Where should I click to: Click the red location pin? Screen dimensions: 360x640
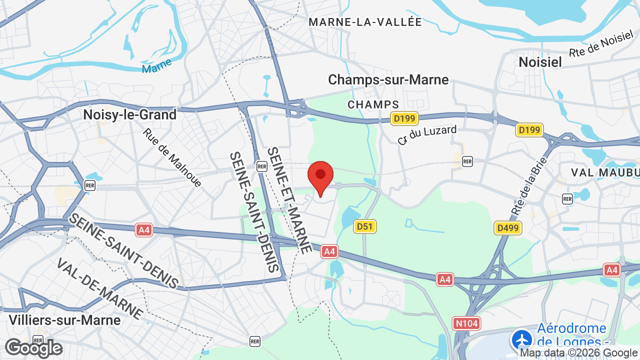(320, 175)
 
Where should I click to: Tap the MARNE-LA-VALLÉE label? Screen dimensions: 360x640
(365, 22)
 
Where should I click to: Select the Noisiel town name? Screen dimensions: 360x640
(540, 62)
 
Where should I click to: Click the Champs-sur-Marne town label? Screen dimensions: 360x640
(388, 79)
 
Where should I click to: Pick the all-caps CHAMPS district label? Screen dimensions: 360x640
(373, 104)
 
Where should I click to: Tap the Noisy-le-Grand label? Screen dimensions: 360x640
(130, 114)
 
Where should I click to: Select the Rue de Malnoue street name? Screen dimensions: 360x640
(172, 158)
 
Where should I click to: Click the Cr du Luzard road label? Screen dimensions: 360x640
(427, 135)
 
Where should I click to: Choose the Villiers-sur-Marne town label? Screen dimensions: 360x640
(65, 320)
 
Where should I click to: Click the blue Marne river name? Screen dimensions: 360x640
(156, 65)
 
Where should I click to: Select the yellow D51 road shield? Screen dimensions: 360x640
(365, 226)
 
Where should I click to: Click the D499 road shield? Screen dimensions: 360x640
(508, 228)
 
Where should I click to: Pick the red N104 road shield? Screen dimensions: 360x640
(466, 323)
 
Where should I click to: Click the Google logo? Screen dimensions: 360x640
(33, 348)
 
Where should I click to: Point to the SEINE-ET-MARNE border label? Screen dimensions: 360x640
(289, 200)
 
